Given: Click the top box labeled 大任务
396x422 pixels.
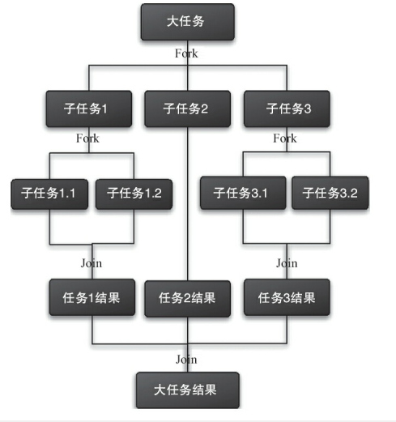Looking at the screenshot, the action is pyautogui.click(x=187, y=22).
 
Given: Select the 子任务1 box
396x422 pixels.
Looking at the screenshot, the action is pyautogui.click(x=89, y=109).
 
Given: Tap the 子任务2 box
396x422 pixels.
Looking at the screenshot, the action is pyautogui.click(x=187, y=109).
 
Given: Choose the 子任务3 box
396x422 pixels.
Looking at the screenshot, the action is pyautogui.click(x=287, y=109).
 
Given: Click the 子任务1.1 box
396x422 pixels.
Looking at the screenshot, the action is pyautogui.click(x=49, y=194).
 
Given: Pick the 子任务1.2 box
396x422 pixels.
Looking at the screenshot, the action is pyautogui.click(x=134, y=194).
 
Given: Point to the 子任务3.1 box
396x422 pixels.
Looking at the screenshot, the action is pyautogui.click(x=243, y=193).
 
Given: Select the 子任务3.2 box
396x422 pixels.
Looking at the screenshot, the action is pyautogui.click(x=330, y=193).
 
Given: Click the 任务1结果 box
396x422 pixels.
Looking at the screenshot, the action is pyautogui.click(x=92, y=297).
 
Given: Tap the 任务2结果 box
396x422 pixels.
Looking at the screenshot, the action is pyautogui.click(x=187, y=299).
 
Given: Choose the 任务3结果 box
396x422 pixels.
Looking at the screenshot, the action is pyautogui.click(x=287, y=297).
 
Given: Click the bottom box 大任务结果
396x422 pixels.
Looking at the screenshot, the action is pyautogui.click(x=188, y=390).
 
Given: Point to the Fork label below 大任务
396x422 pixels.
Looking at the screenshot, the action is pyautogui.click(x=186, y=53).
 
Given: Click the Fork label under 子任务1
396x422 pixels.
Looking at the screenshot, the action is pyautogui.click(x=87, y=139).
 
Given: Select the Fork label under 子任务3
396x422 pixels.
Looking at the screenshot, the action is pyautogui.click(x=285, y=139).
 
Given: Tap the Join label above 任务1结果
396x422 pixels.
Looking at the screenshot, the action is pyautogui.click(x=92, y=263).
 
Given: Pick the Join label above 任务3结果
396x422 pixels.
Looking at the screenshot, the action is pyautogui.click(x=287, y=263).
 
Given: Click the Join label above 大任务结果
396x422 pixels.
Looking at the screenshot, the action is pyautogui.click(x=186, y=360).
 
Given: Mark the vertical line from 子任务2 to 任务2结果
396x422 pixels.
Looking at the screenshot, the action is pyautogui.click(x=188, y=204).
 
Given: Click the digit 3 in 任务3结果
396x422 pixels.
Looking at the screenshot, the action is pyautogui.click(x=287, y=298).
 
